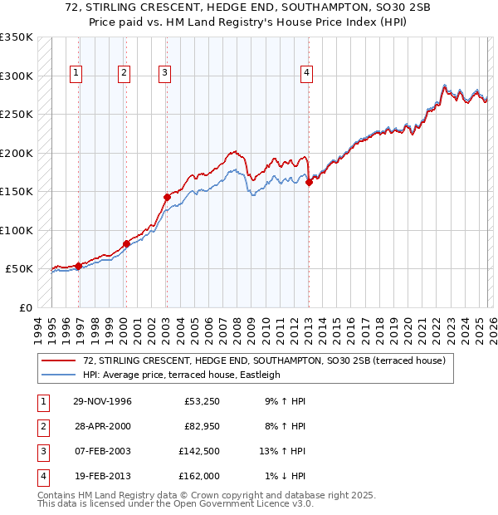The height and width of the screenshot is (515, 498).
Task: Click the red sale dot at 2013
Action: click(x=309, y=183)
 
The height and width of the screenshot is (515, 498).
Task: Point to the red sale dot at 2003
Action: click(x=167, y=198)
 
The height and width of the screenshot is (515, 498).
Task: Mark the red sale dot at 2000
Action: click(x=127, y=243)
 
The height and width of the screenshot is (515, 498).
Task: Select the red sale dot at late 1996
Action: click(x=79, y=266)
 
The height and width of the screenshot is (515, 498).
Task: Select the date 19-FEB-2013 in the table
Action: click(x=102, y=476)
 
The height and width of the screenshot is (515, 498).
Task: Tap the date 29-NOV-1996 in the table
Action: click(x=102, y=402)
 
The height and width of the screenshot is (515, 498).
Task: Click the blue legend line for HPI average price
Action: click(x=60, y=375)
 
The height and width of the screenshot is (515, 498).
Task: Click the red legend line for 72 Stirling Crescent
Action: click(x=60, y=360)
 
